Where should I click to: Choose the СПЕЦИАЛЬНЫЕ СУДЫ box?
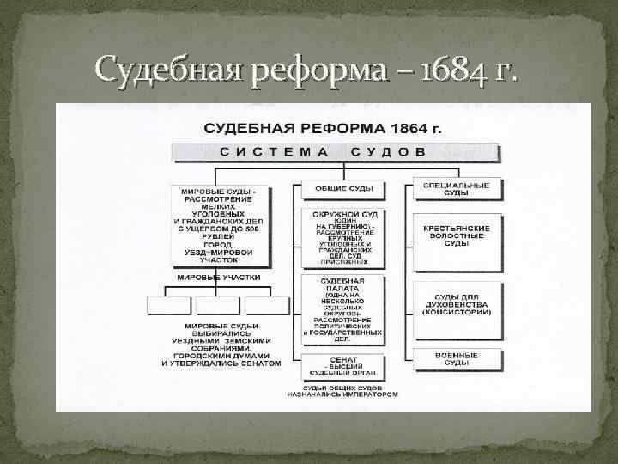point(456,189)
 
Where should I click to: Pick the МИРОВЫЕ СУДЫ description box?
point(220,222)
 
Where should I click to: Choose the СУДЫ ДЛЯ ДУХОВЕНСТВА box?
point(456,304)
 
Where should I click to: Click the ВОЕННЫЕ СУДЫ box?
point(456,359)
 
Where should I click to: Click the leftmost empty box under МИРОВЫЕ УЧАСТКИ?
point(169,305)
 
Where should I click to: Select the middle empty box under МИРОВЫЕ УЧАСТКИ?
point(218,305)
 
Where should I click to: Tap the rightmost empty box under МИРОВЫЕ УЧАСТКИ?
point(267,305)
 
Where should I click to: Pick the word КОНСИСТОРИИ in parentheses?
point(456,311)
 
